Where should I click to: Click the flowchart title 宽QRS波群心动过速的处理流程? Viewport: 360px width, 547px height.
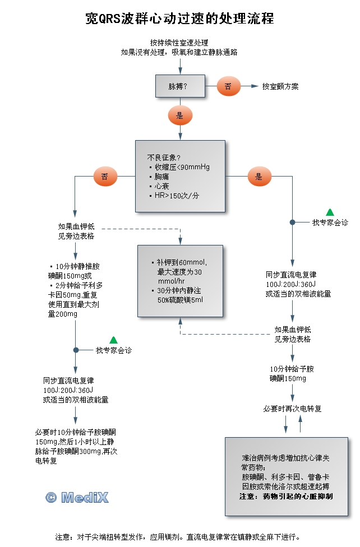[179, 18]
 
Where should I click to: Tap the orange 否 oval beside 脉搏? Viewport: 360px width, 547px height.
[228, 86]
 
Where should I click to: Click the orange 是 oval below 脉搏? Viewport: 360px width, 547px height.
[180, 115]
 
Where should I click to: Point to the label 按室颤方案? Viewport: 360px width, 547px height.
[280, 87]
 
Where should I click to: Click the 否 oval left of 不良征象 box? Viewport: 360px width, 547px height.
[105, 177]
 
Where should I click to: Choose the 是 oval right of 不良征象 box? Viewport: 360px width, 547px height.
[259, 177]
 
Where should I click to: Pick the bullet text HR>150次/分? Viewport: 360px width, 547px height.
[177, 196]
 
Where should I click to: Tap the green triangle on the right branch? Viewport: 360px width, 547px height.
[330, 212]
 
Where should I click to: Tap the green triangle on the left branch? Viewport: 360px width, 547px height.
[113, 340]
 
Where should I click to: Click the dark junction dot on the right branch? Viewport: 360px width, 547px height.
[292, 222]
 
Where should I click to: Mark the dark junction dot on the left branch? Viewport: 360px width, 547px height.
[76, 350]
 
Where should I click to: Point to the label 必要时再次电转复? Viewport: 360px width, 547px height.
[292, 409]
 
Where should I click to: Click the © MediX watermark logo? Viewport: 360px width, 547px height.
[77, 497]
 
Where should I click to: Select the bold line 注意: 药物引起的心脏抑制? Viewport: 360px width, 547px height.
[286, 497]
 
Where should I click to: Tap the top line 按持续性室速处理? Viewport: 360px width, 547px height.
[179, 43]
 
